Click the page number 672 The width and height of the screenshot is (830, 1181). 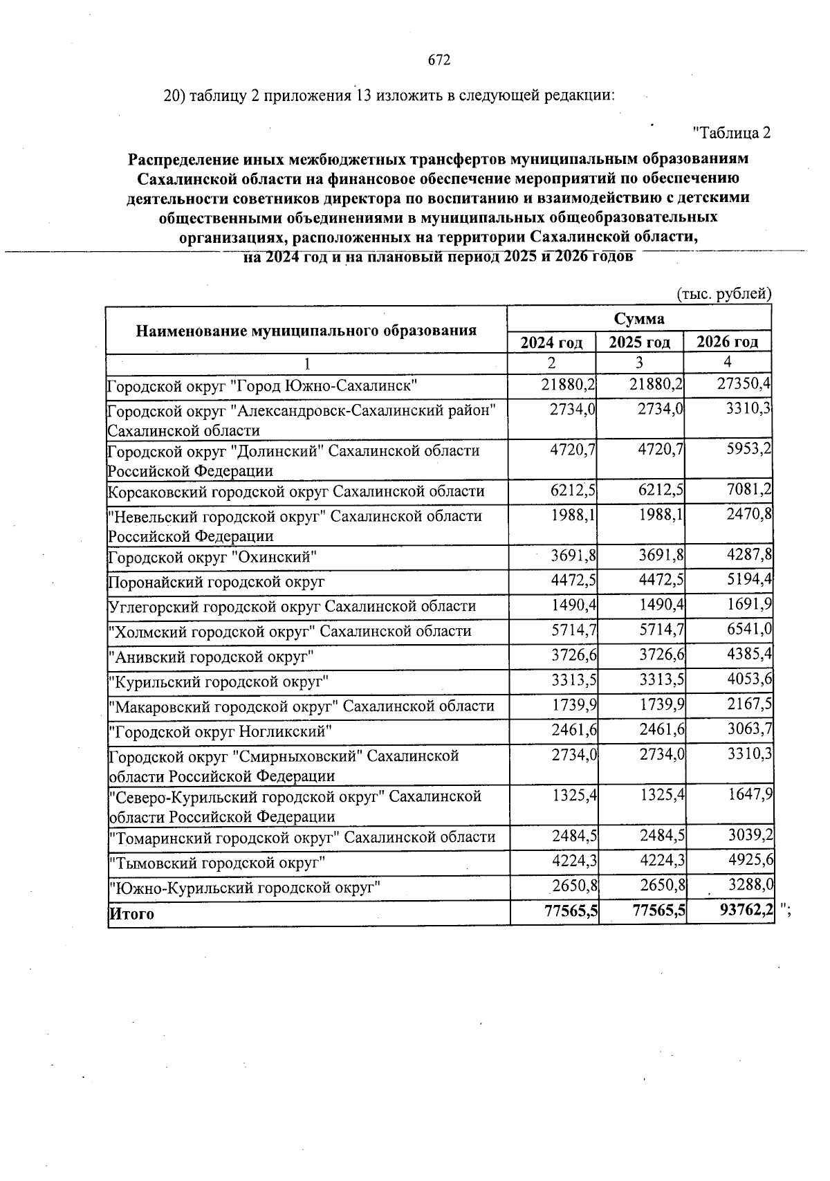pos(439,60)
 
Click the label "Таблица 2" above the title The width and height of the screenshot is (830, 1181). pos(731,132)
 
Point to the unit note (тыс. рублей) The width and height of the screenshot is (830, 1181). pos(723,293)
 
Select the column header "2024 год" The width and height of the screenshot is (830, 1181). pos(551,342)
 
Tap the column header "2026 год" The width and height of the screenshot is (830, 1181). pos(727,342)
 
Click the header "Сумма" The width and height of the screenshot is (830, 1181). pos(638,318)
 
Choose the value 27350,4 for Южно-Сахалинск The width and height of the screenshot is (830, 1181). pos(744,384)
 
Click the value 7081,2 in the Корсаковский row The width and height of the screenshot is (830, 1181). pos(747,491)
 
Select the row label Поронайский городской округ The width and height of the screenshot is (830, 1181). pos(216,582)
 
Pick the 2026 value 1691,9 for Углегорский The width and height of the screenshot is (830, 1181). pos(748,606)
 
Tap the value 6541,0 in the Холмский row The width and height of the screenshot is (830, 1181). pos(748,631)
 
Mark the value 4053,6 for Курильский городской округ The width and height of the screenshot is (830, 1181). pos(749,681)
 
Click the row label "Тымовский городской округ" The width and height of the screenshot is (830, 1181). pos(217,862)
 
